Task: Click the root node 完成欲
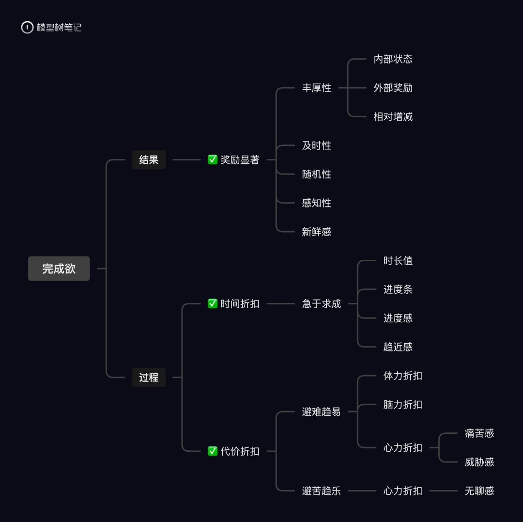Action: pos(59,269)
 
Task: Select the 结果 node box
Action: pos(149,159)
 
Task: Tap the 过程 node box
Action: pos(149,377)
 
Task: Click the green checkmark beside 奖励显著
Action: pos(213,159)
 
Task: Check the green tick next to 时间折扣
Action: pos(213,303)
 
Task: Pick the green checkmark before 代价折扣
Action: pos(213,451)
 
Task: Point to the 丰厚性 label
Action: pos(317,88)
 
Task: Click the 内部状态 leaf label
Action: pos(393,59)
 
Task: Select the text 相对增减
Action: pos(393,117)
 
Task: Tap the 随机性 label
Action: pos(317,174)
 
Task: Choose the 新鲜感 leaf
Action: pos(317,232)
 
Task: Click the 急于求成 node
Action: pos(322,303)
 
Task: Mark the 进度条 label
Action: pos(398,289)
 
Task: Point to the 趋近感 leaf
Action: pos(398,347)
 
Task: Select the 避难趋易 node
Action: pos(322,411)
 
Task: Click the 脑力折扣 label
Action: pos(402,404)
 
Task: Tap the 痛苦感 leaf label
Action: pos(479,433)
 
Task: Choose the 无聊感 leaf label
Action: pos(479,490)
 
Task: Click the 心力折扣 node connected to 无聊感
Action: pos(402,490)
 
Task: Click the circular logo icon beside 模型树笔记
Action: pos(27,28)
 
